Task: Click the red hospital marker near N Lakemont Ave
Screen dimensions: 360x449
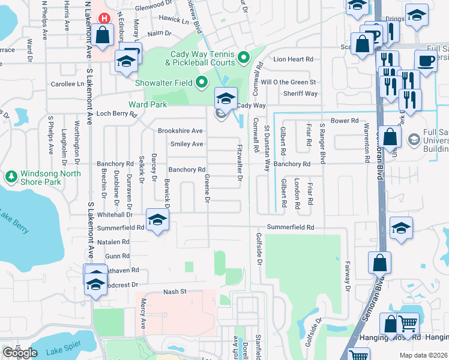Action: pos(104,18)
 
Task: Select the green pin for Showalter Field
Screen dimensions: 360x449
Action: pos(202,82)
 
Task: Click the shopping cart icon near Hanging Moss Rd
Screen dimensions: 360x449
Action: pos(408,325)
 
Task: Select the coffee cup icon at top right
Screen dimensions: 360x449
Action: pos(426,61)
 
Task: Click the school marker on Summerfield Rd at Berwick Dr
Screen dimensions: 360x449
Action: pos(157,221)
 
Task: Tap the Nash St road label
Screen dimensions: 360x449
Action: pos(176,291)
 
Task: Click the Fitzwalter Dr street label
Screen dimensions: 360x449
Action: pos(240,162)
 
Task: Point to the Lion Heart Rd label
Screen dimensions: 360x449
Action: pos(294,59)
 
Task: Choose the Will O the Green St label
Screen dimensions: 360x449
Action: pos(288,82)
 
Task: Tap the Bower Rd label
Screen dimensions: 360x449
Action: pos(345,121)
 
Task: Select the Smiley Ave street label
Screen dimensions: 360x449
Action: pos(187,144)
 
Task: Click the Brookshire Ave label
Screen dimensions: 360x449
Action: pos(180,131)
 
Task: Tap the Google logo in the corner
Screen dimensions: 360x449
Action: pos(20,353)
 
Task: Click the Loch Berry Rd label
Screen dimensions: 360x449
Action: pos(113,113)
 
